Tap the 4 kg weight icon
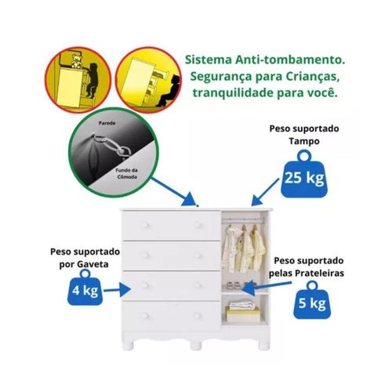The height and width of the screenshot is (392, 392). pos(85,288)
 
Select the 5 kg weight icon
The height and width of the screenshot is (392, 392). pos(312,300)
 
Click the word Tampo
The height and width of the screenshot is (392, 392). pos(304,141)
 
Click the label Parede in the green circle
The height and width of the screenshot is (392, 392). pos(107,123)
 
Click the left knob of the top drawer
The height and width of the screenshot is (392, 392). pos(144,225)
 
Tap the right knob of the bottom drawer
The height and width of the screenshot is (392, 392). pos(197,316)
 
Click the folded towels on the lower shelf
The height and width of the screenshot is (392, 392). pos(242,305)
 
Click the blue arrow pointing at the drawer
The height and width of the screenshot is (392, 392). pos(117,289)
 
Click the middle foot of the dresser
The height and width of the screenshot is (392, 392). pos(196,345)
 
